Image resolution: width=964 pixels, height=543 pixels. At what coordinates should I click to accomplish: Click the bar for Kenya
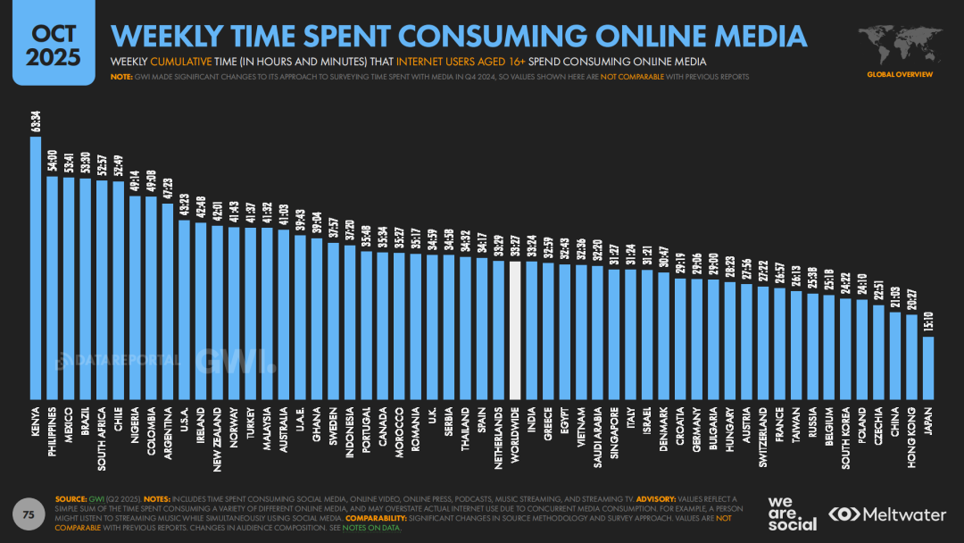click(x=36, y=268)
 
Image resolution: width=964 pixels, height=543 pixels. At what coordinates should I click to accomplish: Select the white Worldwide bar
click(x=515, y=330)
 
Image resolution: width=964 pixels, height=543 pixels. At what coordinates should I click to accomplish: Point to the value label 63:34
click(x=36, y=121)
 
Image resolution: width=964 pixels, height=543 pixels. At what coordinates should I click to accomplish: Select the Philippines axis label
click(x=53, y=432)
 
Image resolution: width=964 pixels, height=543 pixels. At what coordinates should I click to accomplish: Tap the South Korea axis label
click(x=845, y=438)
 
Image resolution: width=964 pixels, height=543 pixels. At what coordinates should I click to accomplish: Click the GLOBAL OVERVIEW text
click(x=900, y=74)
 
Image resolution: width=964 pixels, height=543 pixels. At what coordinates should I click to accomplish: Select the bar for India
click(x=531, y=330)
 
